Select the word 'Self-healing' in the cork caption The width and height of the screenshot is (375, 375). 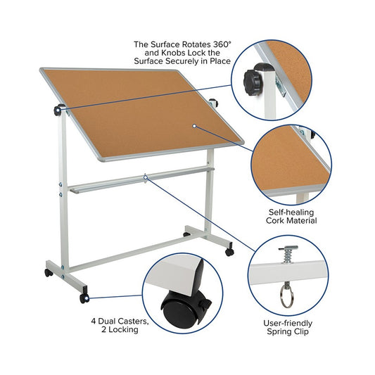[291, 212]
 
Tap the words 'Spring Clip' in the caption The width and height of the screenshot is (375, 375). [288, 332]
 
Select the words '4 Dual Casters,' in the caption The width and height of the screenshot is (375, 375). [120, 321]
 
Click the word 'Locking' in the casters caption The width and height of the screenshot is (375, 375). [123, 329]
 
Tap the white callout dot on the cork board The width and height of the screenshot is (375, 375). [194, 126]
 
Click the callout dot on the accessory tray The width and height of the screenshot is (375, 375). [146, 177]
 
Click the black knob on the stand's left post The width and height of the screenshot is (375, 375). [58, 110]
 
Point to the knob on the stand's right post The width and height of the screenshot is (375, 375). [214, 102]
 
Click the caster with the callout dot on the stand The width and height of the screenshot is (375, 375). [84, 298]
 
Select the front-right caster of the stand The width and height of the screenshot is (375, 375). [229, 252]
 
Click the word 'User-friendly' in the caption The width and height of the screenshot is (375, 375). [288, 324]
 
